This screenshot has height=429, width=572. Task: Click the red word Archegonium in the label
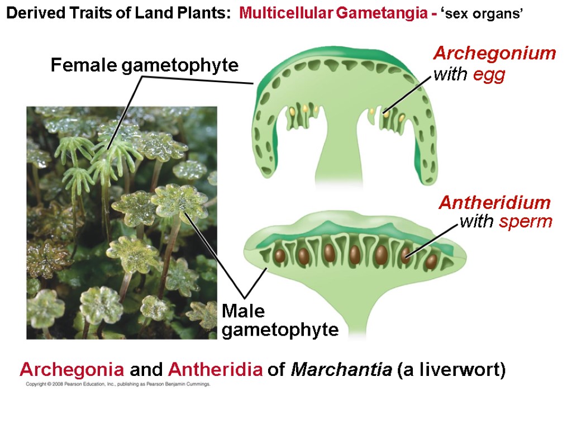pyautogui.click(x=494, y=54)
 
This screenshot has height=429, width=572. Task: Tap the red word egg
pyautogui.click(x=489, y=75)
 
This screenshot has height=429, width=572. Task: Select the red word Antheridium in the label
pyautogui.click(x=494, y=202)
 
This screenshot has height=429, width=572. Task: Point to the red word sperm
pyautogui.click(x=526, y=222)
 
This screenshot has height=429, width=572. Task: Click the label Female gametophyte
pyautogui.click(x=145, y=66)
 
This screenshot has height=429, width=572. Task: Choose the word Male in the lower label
pyautogui.click(x=243, y=312)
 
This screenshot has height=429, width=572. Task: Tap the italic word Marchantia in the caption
pyautogui.click(x=341, y=370)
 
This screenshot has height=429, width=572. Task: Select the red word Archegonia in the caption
pyautogui.click(x=72, y=370)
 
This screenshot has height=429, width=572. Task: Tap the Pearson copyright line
pyautogui.click(x=117, y=384)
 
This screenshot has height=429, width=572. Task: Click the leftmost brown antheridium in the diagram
pyautogui.click(x=279, y=256)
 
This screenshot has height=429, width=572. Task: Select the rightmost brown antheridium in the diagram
pyautogui.click(x=431, y=260)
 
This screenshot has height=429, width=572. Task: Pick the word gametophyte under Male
pyautogui.click(x=280, y=330)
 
